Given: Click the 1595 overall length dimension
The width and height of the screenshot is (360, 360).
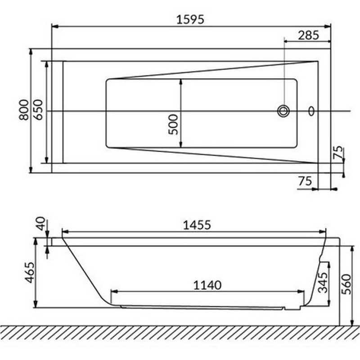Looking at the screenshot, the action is click(x=190, y=19).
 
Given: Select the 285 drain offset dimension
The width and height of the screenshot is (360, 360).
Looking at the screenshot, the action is click(x=309, y=35).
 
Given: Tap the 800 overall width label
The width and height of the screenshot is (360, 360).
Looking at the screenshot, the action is click(x=24, y=110).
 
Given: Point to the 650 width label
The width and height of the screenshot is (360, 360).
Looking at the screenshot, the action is click(x=38, y=109).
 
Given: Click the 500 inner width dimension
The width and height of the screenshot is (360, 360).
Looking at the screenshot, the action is click(x=173, y=125).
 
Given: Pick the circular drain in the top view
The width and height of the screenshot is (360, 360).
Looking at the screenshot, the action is click(x=283, y=111).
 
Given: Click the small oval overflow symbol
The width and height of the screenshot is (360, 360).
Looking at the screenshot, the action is click(x=311, y=111).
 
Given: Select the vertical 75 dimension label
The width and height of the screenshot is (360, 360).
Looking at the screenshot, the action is click(x=339, y=152).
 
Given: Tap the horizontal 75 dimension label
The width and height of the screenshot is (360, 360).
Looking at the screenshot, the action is click(x=305, y=181).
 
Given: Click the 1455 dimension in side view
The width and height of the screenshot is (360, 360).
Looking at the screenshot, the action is click(x=197, y=225).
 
